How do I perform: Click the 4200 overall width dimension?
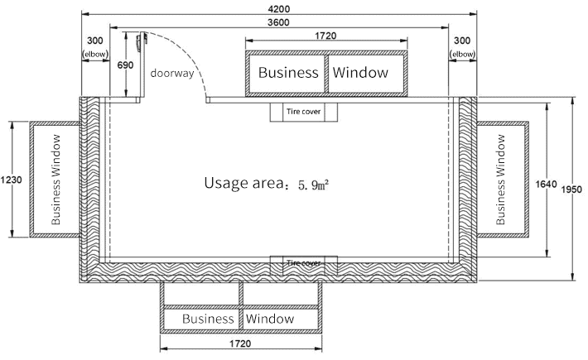[x=279, y=8]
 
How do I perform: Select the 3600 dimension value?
[x=278, y=22]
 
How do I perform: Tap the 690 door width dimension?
[x=125, y=65]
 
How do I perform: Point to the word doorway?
[x=172, y=73]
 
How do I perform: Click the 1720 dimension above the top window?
[x=325, y=36]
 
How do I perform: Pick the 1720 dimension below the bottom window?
[x=240, y=343]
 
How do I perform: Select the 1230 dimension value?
[x=12, y=180]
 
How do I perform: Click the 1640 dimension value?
[x=546, y=184]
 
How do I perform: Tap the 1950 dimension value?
[x=571, y=190]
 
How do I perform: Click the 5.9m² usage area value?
[x=314, y=185]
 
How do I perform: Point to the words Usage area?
[x=243, y=183]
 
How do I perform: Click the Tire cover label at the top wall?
[x=303, y=111]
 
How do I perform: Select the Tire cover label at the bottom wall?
[x=303, y=262]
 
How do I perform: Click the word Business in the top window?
[x=288, y=72]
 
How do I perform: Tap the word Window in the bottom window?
[x=270, y=319]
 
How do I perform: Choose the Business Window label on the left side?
[x=55, y=180]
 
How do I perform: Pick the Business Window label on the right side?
[x=500, y=180]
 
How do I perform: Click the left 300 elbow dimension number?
[x=95, y=41]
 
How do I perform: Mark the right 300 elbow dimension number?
[x=462, y=41]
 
